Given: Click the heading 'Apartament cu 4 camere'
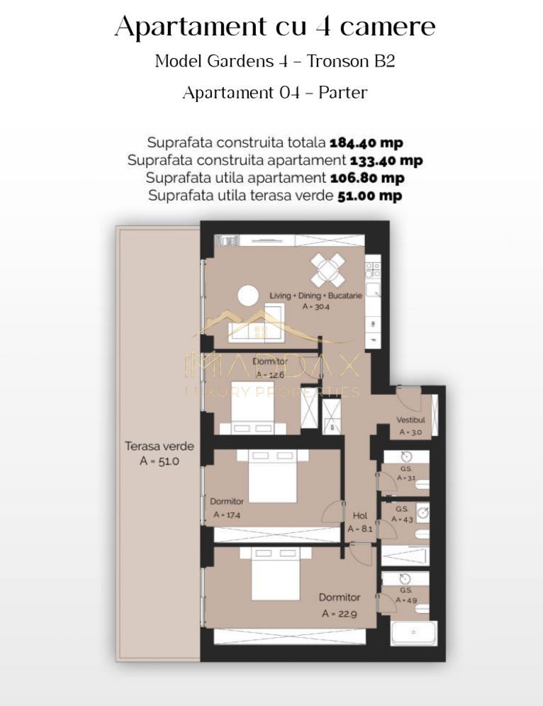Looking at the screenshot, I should tap(274, 27).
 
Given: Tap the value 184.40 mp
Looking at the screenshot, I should tap(366, 142).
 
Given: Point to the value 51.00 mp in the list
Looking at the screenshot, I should tap(368, 196).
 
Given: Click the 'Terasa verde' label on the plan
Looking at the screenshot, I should tap(159, 447).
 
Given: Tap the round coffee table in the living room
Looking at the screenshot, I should tap(248, 295).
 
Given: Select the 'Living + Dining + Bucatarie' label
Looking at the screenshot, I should tap(315, 295).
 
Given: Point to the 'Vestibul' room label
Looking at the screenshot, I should tap(410, 420).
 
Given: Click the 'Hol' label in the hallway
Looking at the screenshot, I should tap(359, 516).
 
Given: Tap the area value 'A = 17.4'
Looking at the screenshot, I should tap(226, 515).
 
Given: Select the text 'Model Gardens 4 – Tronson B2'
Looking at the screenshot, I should tap(274, 61).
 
